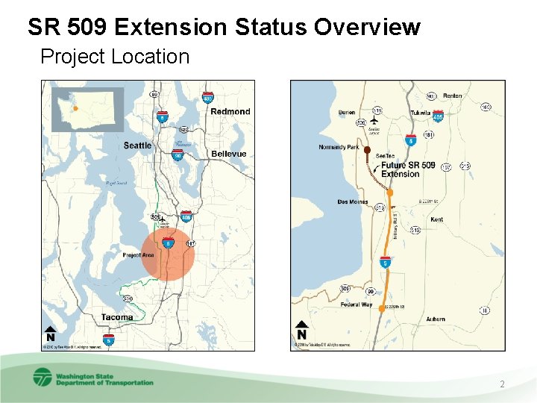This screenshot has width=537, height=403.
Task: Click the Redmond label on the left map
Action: pyautogui.click(x=230, y=111)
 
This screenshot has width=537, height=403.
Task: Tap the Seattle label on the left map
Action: pyautogui.click(x=137, y=146)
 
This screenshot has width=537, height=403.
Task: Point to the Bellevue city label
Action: pyautogui.click(x=228, y=154)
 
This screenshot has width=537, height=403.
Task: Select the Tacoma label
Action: pyautogui.click(x=117, y=317)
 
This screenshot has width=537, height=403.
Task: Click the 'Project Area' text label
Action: pyautogui.click(x=138, y=255)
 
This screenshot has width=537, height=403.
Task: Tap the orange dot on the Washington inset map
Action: pyautogui.click(x=75, y=109)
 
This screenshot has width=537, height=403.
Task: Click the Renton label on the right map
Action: pyautogui.click(x=453, y=96)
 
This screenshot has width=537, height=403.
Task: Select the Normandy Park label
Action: pyautogui.click(x=339, y=147)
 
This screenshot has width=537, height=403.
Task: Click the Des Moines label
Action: pyautogui.click(x=353, y=201)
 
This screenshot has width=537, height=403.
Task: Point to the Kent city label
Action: pyautogui.click(x=437, y=219)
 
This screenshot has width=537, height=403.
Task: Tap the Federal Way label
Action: pyautogui.click(x=356, y=304)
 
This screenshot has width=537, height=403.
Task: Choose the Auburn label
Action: pyautogui.click(x=436, y=319)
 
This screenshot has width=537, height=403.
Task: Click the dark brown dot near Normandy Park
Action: pyautogui.click(x=367, y=151)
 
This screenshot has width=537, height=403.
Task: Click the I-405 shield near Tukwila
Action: pyautogui.click(x=438, y=116)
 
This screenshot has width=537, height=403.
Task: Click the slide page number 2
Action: pyautogui.click(x=502, y=384)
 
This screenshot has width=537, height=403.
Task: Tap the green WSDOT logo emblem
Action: pyautogui.click(x=43, y=377)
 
